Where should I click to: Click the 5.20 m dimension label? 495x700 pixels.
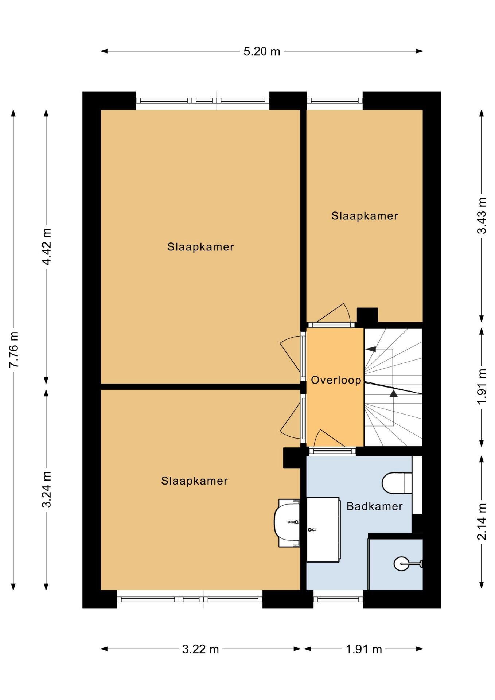(262, 51)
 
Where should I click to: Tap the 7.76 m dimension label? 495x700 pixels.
(14, 350)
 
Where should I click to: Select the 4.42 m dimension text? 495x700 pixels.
(46, 247)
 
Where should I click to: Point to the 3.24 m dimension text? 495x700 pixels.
(46, 489)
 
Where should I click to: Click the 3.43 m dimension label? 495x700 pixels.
(482, 215)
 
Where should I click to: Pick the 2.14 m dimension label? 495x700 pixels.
(482, 521)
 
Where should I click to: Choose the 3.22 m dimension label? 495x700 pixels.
(200, 649)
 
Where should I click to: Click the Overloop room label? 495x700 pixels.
(336, 380)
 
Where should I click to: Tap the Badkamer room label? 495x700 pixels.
(374, 506)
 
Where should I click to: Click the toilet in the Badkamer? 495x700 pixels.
(397, 483)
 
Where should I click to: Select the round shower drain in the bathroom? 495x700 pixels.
(401, 564)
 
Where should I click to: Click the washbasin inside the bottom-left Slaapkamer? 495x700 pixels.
(287, 523)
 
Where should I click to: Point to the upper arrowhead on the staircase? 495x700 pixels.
(371, 349)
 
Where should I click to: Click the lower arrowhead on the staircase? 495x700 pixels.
(394, 393)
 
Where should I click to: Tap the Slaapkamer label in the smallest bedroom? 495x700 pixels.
(365, 216)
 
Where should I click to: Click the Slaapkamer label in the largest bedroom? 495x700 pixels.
(200, 247)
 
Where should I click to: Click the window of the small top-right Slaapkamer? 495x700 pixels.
(335, 101)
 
